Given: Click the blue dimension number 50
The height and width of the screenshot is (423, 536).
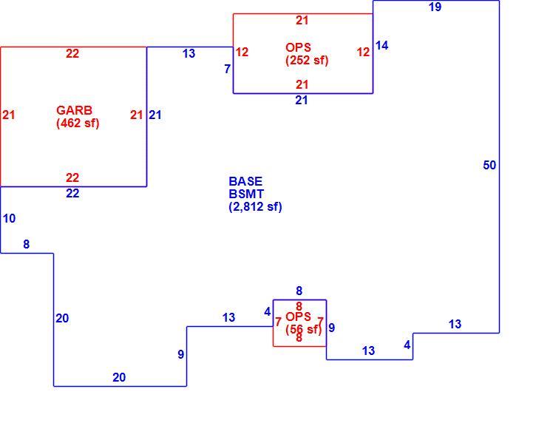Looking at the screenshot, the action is [x=489, y=165].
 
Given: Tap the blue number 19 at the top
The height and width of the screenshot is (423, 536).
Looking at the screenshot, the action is [x=435, y=7].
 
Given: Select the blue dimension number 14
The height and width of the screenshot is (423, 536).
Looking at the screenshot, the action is [x=381, y=46].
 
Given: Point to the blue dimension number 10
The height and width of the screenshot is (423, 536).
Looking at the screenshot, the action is [x=9, y=218].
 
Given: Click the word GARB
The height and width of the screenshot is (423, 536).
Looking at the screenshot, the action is [x=74, y=110].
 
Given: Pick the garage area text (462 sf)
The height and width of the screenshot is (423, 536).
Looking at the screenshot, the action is [x=78, y=123].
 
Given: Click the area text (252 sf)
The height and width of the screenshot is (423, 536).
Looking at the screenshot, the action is [x=307, y=60].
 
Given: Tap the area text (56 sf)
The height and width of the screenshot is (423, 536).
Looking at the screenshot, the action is [x=304, y=329].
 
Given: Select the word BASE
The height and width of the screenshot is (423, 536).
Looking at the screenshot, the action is [x=245, y=181].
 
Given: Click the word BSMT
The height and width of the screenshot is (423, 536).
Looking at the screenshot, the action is [x=246, y=194].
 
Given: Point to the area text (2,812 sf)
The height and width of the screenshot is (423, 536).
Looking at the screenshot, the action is [x=255, y=206].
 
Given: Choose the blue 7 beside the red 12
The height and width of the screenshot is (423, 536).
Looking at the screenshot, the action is [x=227, y=69].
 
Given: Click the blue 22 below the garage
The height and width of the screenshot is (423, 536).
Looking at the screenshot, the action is [x=72, y=193].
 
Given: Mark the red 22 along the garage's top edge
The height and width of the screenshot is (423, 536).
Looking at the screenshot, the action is [x=72, y=53].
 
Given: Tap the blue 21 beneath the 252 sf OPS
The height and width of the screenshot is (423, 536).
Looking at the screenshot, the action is [x=302, y=100].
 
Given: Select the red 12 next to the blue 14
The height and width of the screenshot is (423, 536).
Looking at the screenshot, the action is [x=363, y=52].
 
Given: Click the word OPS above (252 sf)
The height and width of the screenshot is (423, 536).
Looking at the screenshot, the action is [x=298, y=47].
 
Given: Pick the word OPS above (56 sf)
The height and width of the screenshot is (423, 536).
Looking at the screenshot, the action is [x=298, y=317].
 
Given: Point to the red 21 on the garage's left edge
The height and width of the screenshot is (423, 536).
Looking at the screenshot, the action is [x=9, y=115].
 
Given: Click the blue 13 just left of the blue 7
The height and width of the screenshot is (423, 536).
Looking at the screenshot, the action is [x=189, y=53].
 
